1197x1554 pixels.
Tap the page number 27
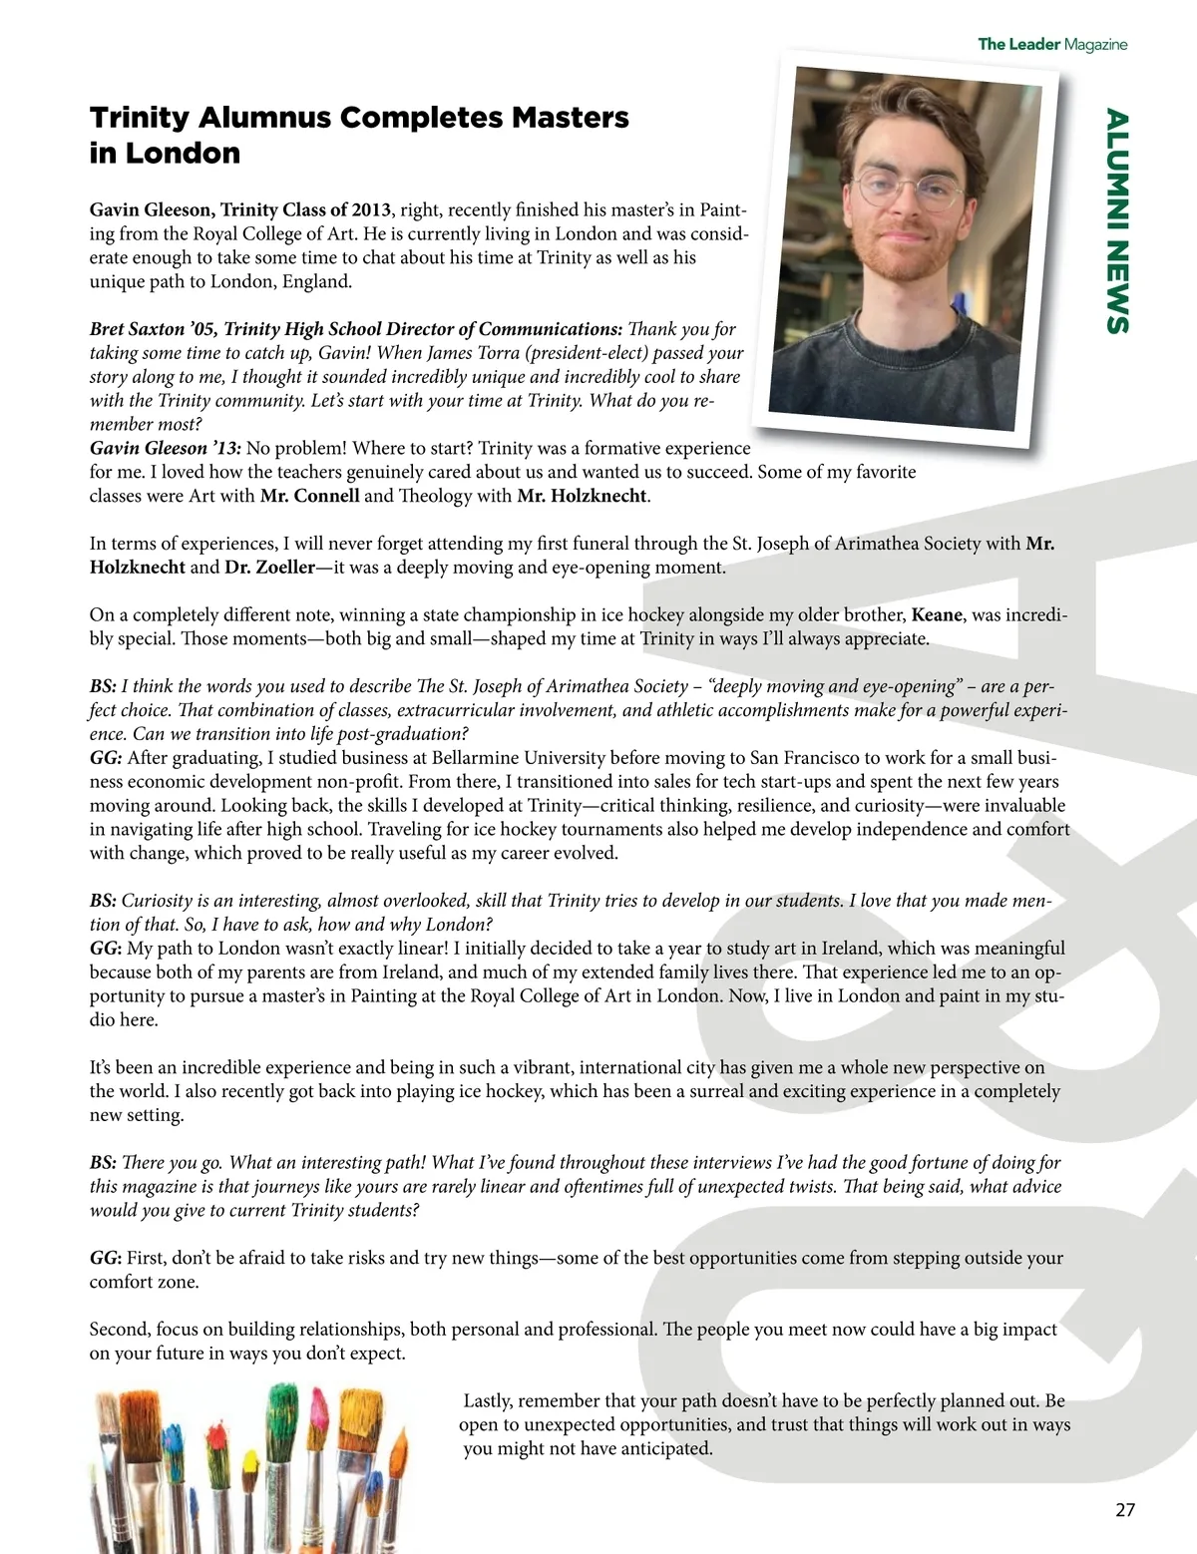pos(1124,1509)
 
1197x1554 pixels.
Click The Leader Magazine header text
pos(1051,44)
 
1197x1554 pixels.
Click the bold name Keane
pos(938,615)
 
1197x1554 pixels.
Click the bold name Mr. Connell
pos(309,496)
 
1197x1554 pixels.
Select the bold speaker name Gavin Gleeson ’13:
pos(165,449)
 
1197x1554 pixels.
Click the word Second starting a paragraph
pos(120,1330)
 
